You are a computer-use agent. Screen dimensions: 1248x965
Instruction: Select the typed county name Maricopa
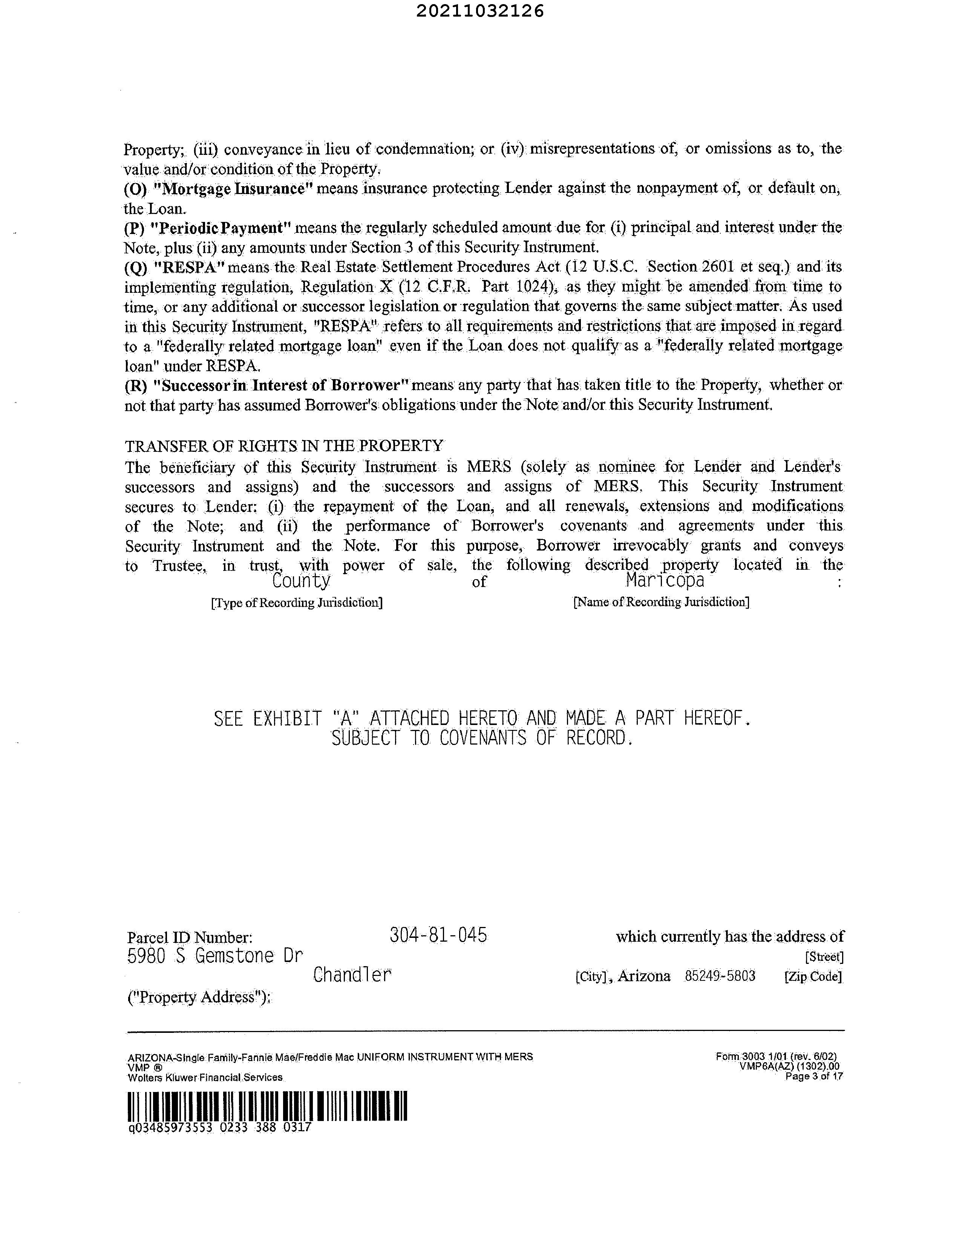pos(665,581)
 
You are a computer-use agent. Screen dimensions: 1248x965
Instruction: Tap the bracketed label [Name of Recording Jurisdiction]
pos(661,602)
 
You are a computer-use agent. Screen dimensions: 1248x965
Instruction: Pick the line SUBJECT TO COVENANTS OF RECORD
pos(482,738)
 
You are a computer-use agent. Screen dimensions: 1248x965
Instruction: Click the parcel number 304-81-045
pos(438,935)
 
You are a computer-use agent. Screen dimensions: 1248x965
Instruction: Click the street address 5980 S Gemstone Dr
pos(214,956)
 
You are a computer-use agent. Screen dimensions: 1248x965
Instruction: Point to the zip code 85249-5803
pos(720,976)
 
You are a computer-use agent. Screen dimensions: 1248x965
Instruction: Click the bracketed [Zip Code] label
pos(813,977)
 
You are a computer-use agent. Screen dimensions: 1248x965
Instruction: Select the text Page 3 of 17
pos(814,1077)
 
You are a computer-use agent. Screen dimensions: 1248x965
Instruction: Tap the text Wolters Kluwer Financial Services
pos(205,1078)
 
